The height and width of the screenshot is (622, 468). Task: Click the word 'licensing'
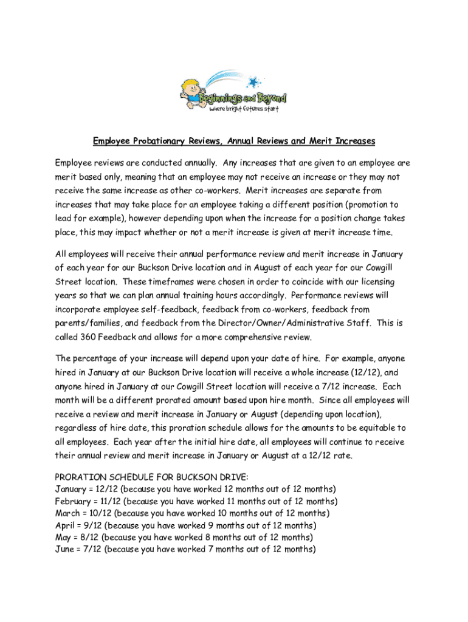[373, 282]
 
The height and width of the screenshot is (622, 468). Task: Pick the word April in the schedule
[65, 525]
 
